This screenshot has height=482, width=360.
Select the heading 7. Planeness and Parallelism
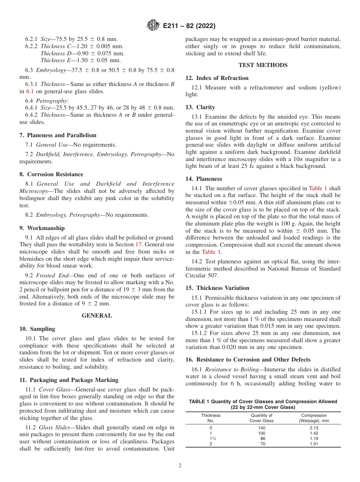58,135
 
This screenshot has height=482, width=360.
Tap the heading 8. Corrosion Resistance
51,174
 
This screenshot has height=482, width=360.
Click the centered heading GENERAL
97,316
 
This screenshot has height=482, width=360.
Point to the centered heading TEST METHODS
263,65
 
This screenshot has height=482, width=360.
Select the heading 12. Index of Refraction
217,78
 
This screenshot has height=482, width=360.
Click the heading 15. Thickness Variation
217,288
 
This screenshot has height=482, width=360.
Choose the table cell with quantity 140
262,428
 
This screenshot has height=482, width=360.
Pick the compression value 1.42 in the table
313,433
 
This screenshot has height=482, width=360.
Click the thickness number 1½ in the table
211,438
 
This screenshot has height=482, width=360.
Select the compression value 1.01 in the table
313,444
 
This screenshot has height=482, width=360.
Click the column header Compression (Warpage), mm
314,418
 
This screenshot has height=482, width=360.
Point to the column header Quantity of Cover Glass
262,418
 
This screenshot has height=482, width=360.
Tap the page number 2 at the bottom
180,466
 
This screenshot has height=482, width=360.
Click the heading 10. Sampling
37,329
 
